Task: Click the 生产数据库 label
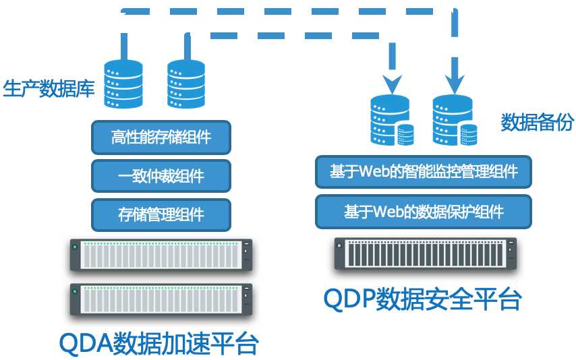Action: (49, 88)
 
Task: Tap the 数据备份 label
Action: (537, 121)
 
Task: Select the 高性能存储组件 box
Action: (161, 138)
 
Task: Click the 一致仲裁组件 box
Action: (161, 176)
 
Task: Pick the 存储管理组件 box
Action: (161, 215)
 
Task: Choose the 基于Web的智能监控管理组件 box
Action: (424, 172)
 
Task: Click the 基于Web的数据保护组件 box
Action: (424, 212)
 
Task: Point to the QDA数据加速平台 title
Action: (159, 343)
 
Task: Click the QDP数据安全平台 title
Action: (422, 299)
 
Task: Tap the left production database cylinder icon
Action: (123, 84)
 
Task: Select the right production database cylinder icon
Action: (186, 84)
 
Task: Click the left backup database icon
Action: (393, 120)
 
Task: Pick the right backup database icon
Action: (455, 120)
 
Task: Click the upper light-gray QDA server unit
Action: (161, 255)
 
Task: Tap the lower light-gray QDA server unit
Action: (161, 300)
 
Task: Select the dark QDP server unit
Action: (426, 254)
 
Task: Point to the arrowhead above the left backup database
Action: (393, 84)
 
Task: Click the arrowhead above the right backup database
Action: (455, 84)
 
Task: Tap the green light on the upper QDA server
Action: (75, 247)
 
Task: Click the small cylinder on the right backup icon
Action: (469, 135)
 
